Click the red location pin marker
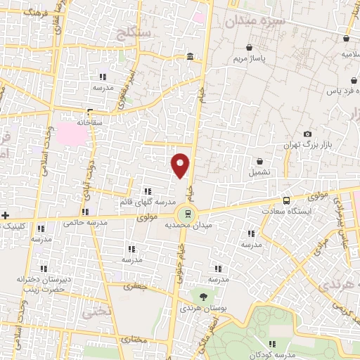coord(181,165)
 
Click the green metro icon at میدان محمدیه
coord(188,214)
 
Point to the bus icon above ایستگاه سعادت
coord(286,200)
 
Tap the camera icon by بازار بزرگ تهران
coord(307,134)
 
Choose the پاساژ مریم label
coord(250,58)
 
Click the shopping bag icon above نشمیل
coord(259,161)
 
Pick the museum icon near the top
coord(190,57)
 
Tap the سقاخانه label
coord(91,122)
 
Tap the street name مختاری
coord(134,339)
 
